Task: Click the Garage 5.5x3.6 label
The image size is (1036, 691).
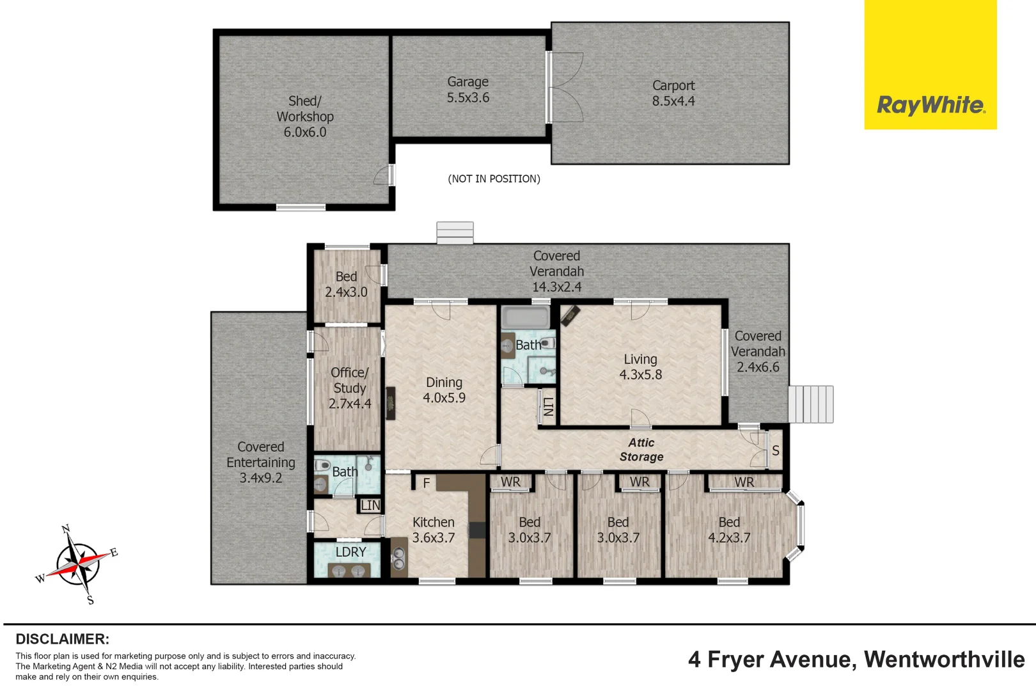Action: [468, 90]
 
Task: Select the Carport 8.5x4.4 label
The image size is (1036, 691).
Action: [673, 93]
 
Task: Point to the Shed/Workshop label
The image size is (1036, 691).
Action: [305, 116]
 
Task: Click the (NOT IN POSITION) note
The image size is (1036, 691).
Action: [494, 179]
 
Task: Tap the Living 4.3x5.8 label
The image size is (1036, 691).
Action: [641, 367]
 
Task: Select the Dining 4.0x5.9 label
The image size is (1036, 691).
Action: [444, 390]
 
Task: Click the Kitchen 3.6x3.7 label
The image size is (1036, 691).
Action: [434, 530]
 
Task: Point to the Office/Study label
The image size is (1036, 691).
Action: [350, 388]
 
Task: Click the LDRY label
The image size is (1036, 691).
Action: [350, 552]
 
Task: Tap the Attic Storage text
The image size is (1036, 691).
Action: [641, 449]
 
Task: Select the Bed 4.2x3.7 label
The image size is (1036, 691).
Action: [729, 530]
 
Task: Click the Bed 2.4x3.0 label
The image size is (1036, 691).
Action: [346, 284]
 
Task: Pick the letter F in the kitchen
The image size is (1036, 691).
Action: [427, 483]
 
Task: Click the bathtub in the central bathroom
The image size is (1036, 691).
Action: [526, 317]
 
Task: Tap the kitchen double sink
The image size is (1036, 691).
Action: [398, 557]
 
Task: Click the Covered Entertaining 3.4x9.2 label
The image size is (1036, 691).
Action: [260, 463]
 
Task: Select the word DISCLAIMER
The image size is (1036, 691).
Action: [63, 639]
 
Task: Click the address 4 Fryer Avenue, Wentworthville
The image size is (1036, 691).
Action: [856, 660]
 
